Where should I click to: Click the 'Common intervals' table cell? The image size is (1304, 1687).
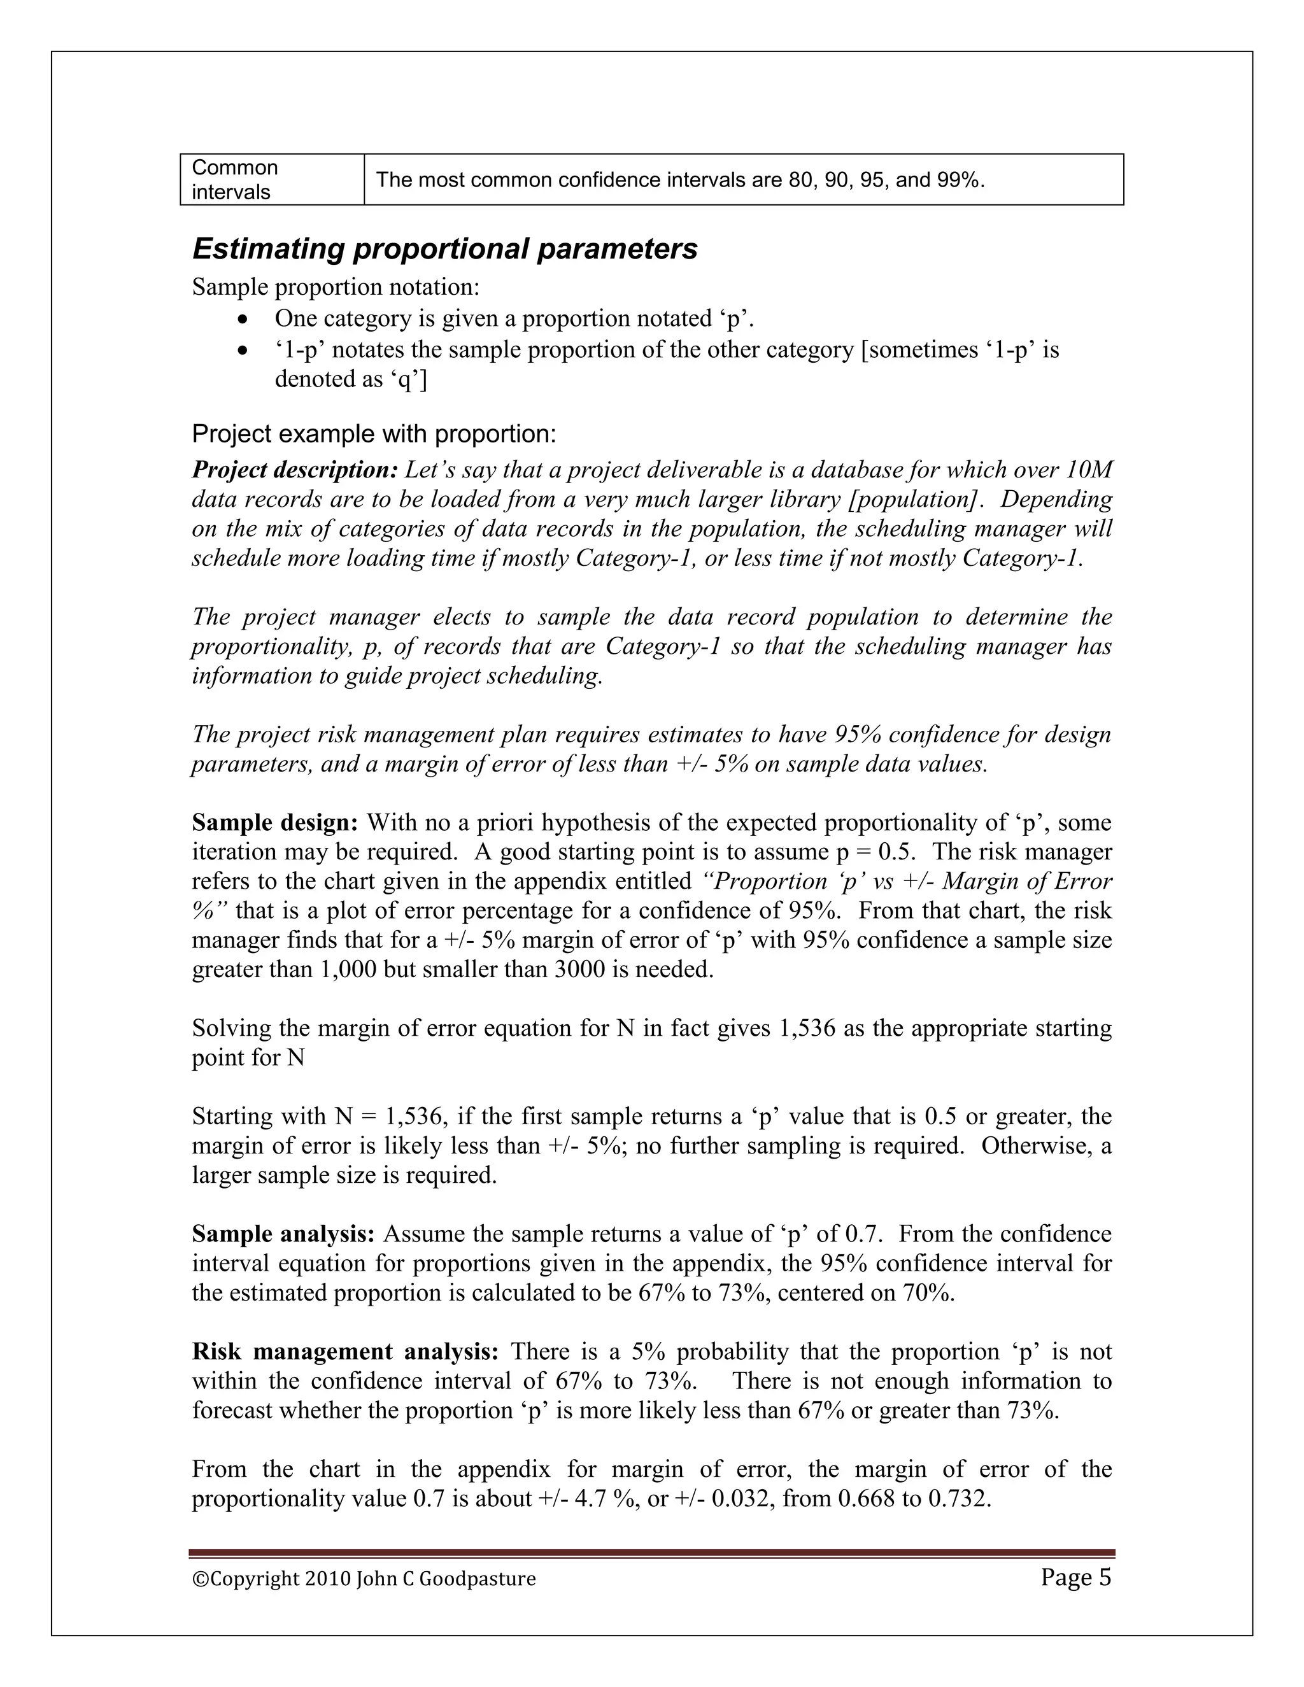(x=235, y=180)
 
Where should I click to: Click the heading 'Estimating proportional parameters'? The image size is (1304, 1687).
(x=444, y=250)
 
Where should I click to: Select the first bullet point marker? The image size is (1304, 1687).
(x=243, y=319)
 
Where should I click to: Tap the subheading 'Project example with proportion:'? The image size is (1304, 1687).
(x=374, y=434)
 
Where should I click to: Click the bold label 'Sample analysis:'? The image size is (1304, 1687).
(x=283, y=1234)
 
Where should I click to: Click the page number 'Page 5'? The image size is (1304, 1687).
(x=1075, y=1578)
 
